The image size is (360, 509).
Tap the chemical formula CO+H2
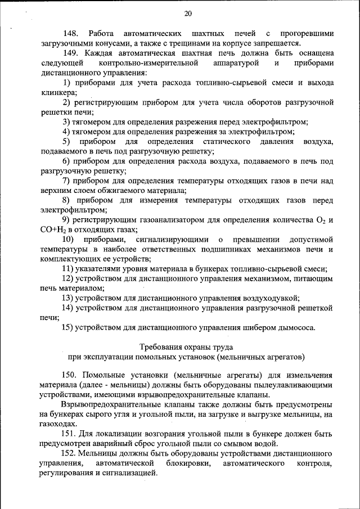tap(52, 229)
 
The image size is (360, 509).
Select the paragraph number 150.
tap(70, 375)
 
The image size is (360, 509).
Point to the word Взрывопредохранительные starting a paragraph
tap(114, 404)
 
